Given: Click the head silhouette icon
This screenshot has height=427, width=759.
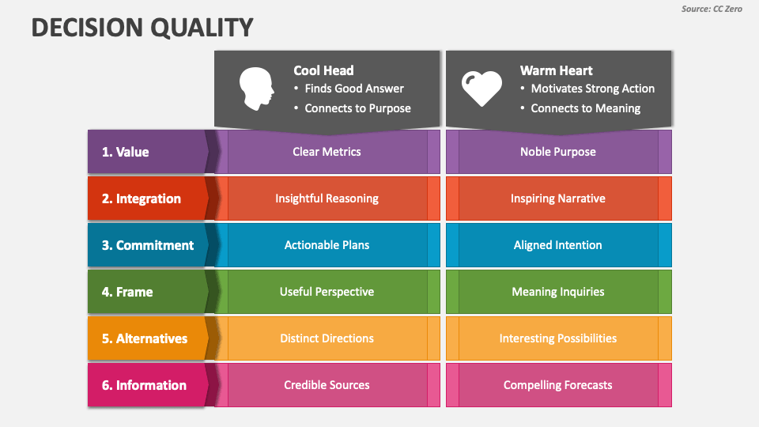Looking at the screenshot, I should tap(256, 89).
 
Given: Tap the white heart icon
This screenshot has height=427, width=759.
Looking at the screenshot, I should tap(481, 89).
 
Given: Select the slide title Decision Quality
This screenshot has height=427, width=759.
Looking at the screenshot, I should tap(142, 28).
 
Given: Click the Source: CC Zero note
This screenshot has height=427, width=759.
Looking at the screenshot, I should tap(712, 9).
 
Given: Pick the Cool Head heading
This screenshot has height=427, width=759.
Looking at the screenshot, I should tap(323, 70).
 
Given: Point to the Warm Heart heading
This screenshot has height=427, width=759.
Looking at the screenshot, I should tap(556, 70).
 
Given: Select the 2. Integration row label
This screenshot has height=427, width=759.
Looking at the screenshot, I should tap(141, 198).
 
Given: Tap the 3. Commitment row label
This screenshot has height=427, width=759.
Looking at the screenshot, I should tap(147, 245).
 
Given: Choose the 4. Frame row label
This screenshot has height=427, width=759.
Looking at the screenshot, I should tap(127, 292).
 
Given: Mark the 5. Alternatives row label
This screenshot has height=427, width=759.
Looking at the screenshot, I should tap(144, 338).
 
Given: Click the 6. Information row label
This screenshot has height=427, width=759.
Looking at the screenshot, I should tap(143, 385).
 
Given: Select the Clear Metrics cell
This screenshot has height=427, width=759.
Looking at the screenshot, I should tap(327, 152).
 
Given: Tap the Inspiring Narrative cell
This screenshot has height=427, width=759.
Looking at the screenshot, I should tap(558, 198).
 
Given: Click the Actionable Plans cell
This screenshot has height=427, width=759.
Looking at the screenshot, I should tap(327, 245).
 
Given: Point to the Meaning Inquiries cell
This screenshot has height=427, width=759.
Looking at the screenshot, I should tap(558, 292).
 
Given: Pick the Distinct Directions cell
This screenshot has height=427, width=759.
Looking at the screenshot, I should tap(327, 338).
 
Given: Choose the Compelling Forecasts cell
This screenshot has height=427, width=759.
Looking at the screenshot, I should tap(558, 385).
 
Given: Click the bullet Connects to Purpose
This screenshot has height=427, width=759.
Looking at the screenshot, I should tap(357, 108).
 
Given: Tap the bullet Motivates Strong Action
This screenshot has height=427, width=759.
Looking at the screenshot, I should tap(592, 89).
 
